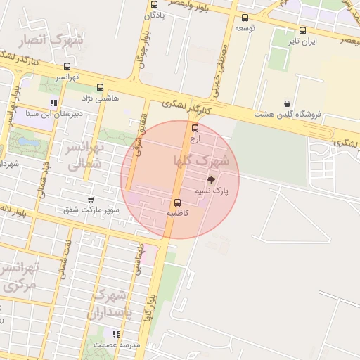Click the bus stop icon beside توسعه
coord(245,18)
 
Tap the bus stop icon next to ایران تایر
coord(302,31)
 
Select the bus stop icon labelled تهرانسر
coord(66,65)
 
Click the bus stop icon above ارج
coord(195,129)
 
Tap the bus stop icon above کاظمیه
coord(176,202)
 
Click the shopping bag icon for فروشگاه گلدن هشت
coord(287,103)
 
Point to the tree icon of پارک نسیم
coord(212,181)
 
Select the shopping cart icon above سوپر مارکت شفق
coord(91,200)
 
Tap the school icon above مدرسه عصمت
coord(117,334)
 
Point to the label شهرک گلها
coord(202,161)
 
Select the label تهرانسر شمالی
coord(85,156)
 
